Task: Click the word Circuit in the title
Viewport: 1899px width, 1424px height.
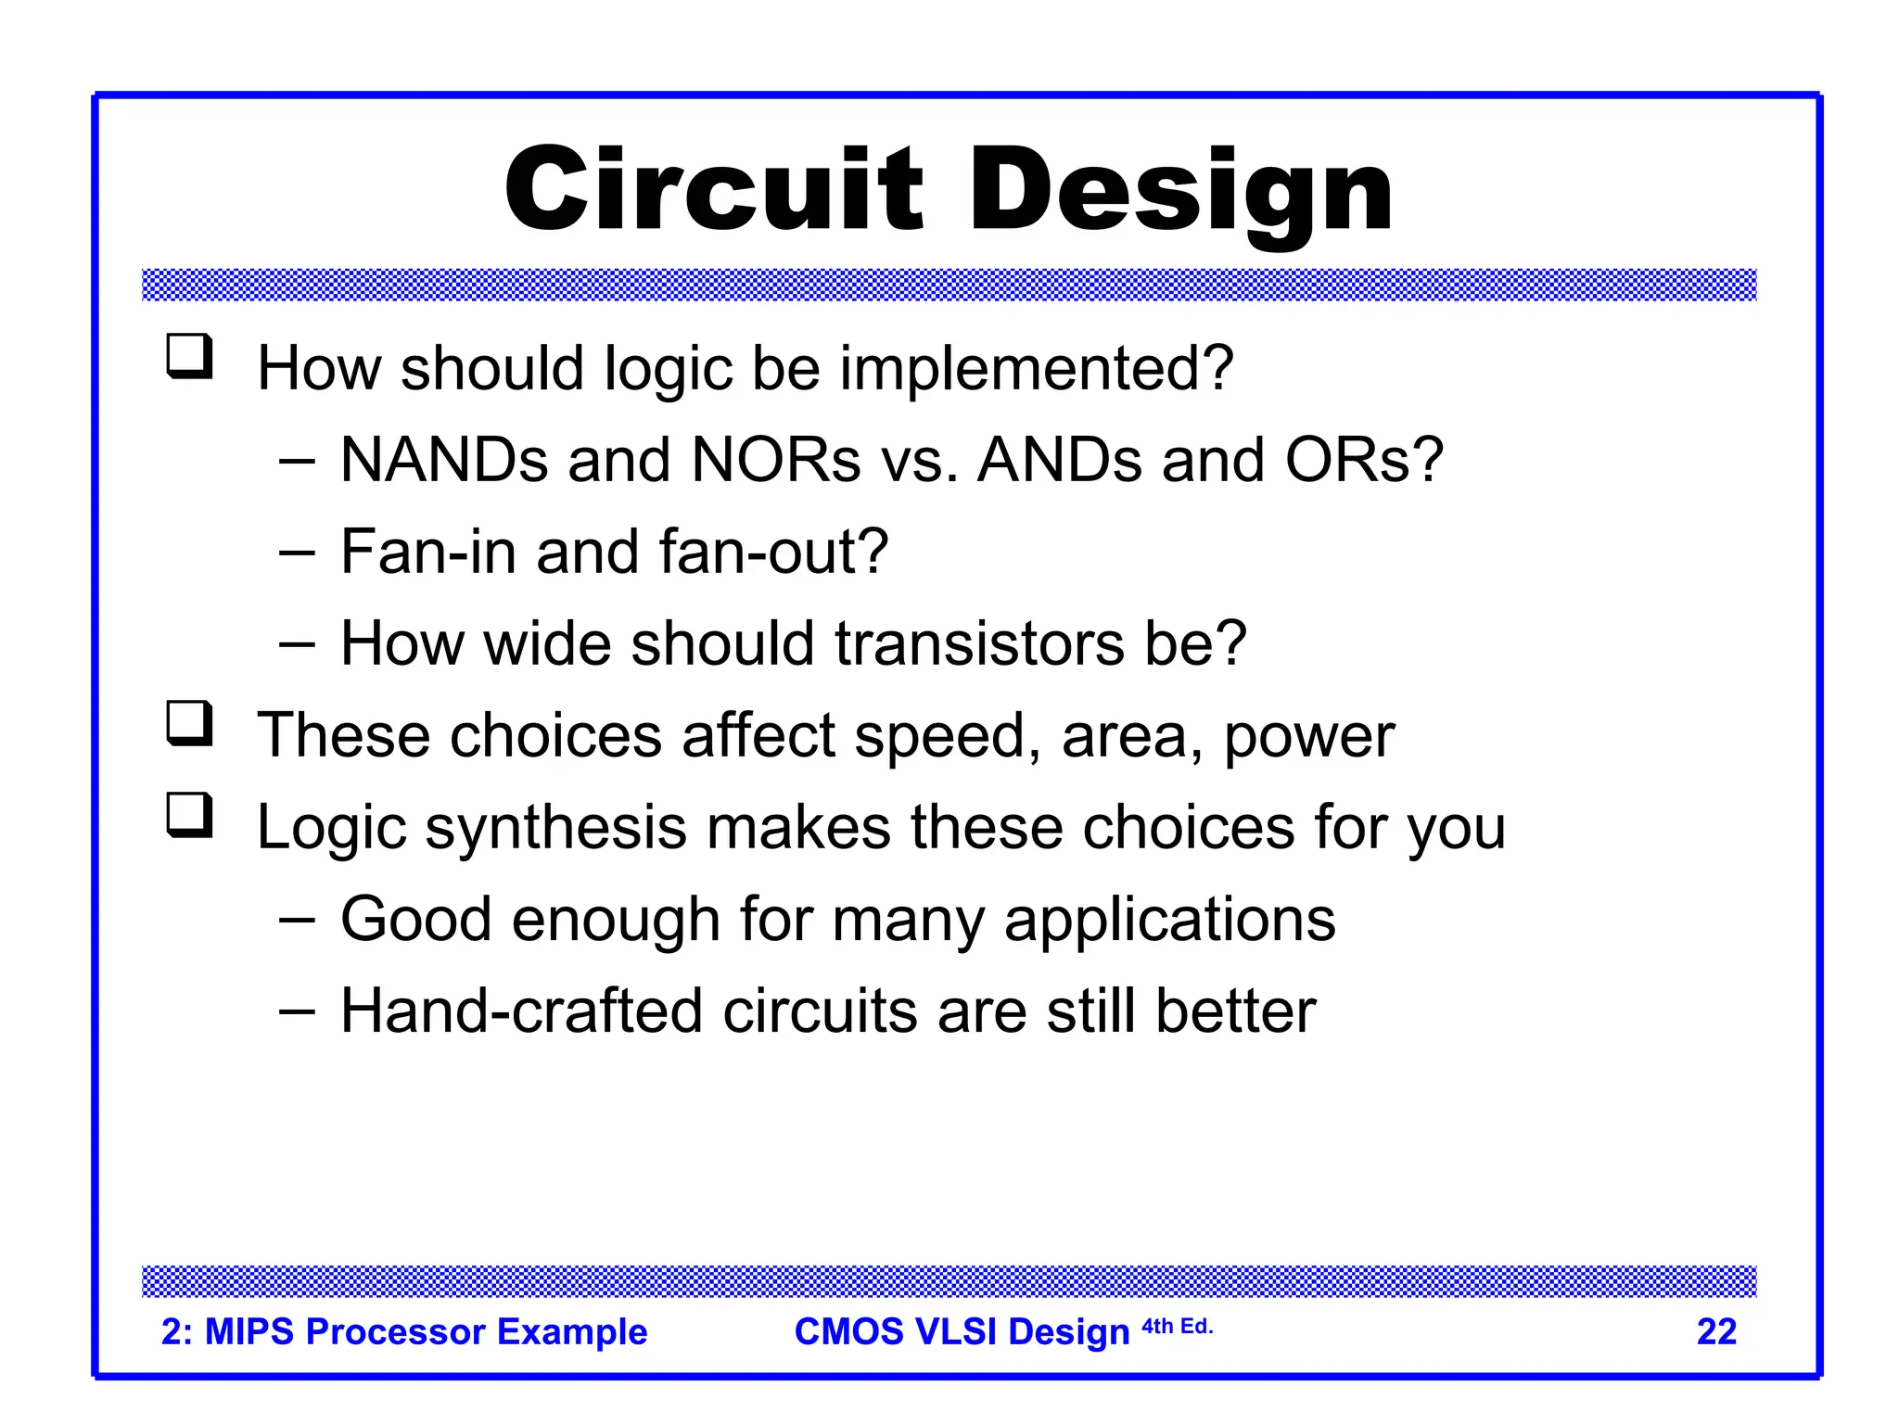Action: tap(713, 190)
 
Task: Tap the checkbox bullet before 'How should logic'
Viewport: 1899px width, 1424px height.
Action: tap(189, 357)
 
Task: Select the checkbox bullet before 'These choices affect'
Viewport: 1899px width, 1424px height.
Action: tap(189, 724)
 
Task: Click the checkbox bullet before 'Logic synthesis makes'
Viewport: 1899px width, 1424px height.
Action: tap(189, 816)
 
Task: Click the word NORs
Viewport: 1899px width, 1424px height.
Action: tap(775, 460)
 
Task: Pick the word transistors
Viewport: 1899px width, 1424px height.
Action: tap(979, 643)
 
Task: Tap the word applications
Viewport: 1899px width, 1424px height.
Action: tap(1169, 921)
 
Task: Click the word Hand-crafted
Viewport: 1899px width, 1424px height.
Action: tap(521, 1011)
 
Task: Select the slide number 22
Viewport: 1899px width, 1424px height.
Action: tap(1715, 1332)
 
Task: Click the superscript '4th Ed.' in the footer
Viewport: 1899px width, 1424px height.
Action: tap(1177, 1327)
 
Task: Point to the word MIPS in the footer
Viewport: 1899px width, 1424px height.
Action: tap(251, 1332)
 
